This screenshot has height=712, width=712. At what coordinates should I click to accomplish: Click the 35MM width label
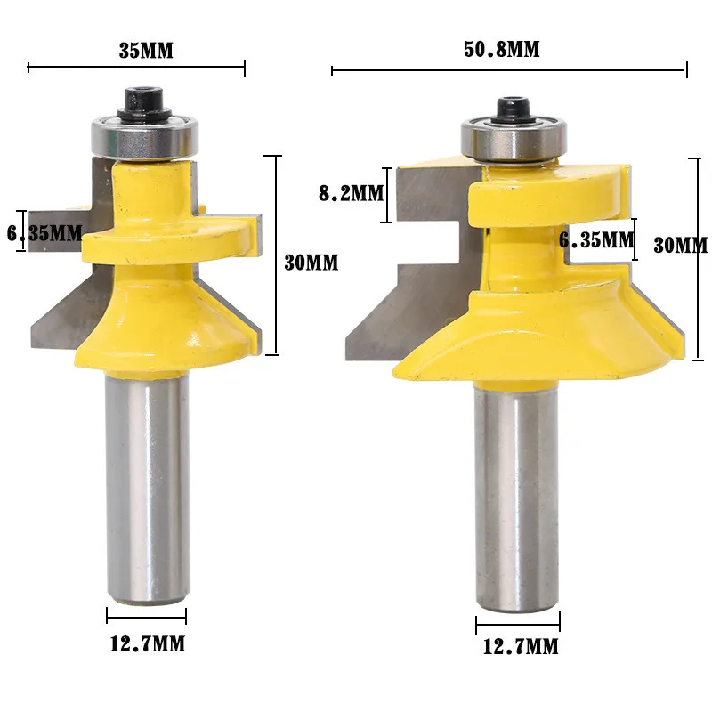[x=146, y=51]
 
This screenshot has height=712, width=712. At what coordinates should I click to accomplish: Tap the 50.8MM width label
[x=502, y=49]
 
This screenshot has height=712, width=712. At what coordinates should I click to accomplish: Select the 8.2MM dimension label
[x=351, y=193]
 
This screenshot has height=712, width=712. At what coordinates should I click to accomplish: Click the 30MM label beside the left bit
[x=311, y=263]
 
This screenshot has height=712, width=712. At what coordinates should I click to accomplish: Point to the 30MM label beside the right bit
[x=680, y=246]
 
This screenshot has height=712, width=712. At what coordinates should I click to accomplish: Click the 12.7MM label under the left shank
[x=148, y=643]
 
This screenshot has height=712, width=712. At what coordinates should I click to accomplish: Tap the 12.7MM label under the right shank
[x=521, y=647]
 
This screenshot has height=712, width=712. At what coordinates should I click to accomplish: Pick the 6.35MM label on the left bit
[x=44, y=233]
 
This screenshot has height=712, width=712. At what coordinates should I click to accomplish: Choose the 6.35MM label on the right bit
[x=596, y=239]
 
